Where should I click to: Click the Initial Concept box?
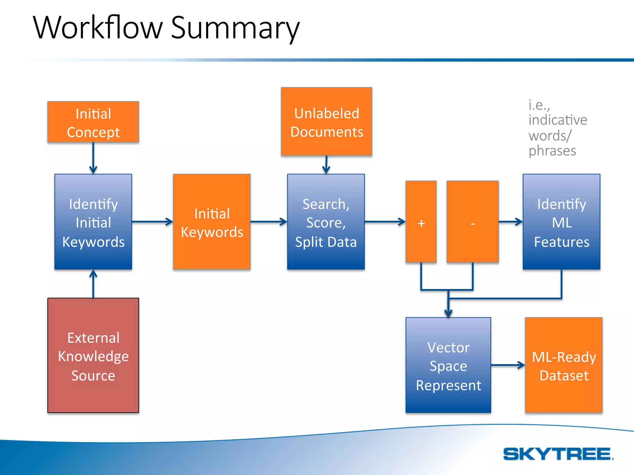[x=93, y=122]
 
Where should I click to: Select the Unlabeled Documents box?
[x=327, y=122]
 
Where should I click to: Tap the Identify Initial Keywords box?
[x=93, y=222]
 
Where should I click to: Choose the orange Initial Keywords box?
[x=212, y=222]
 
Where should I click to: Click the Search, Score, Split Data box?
[x=326, y=222]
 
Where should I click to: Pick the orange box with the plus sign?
[x=421, y=222]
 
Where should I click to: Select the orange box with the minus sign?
[x=473, y=222]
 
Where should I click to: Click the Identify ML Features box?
[x=562, y=222]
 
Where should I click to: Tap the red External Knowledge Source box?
[x=93, y=355]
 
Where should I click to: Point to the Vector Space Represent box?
[x=448, y=365]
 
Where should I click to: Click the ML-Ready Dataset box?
[x=564, y=365]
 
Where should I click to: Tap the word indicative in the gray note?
[x=558, y=120]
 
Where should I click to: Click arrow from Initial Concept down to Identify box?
[x=93, y=158]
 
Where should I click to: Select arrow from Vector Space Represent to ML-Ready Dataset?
[x=508, y=365]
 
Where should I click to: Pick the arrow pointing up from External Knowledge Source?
[x=93, y=284]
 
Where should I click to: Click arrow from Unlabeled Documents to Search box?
[x=326, y=165]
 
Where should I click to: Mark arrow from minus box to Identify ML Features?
[x=510, y=222]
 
